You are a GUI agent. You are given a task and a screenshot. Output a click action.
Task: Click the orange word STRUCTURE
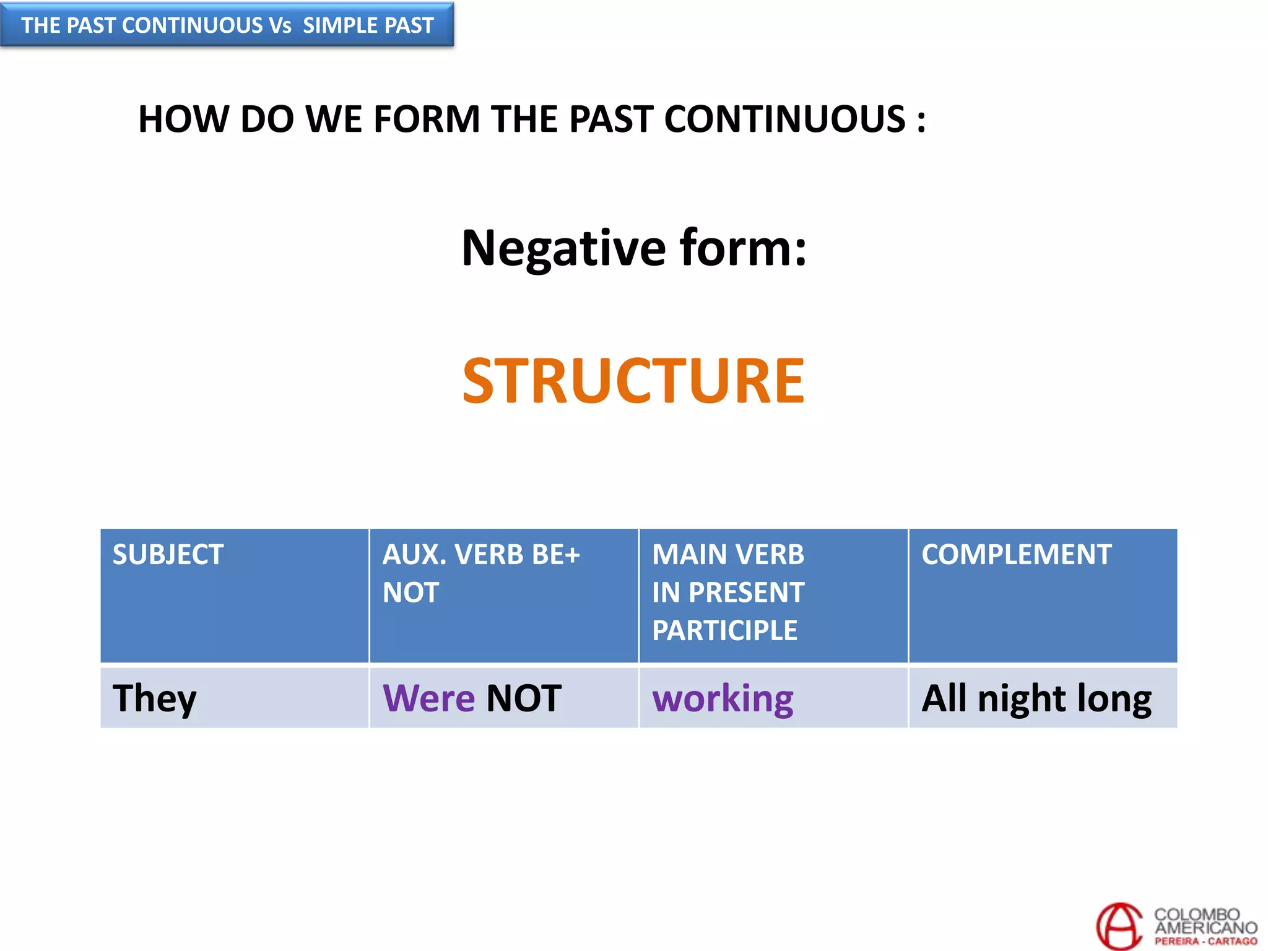tap(633, 381)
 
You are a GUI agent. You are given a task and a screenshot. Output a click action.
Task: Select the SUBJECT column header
tap(168, 554)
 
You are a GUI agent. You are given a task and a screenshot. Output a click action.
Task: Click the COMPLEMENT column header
tap(1016, 554)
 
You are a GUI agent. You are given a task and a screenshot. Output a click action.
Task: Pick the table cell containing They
tap(234, 698)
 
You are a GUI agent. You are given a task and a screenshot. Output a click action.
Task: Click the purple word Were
tap(428, 698)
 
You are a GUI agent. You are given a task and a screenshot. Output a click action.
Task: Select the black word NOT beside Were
tap(524, 698)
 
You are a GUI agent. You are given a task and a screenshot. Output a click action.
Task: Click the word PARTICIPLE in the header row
tap(724, 630)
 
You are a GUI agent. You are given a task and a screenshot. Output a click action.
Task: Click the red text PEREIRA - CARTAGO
tap(1205, 941)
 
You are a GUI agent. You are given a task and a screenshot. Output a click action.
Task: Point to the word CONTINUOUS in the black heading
tap(784, 119)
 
